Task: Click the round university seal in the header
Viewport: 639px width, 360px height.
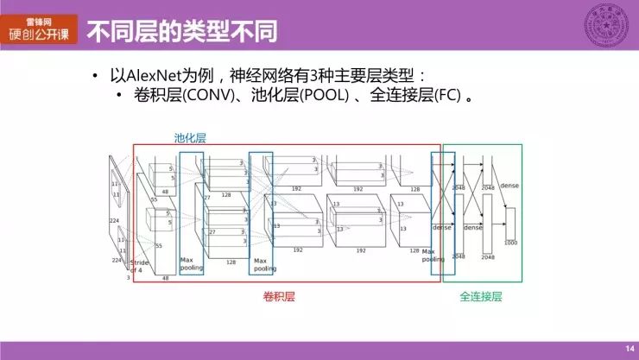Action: [x=606, y=23]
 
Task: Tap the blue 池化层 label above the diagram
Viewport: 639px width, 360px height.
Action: [x=190, y=137]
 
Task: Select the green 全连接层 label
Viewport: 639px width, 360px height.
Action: [x=481, y=296]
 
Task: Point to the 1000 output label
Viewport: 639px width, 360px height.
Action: [x=511, y=243]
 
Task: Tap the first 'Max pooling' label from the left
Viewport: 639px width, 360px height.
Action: [x=191, y=263]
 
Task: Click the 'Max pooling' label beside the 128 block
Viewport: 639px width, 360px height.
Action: [x=265, y=264]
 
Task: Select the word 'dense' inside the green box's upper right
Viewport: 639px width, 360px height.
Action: [x=509, y=186]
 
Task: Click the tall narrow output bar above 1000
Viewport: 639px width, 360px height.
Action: [x=510, y=222]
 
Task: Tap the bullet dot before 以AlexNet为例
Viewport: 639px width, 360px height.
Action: [x=96, y=76]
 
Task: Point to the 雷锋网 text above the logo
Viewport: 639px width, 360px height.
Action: [x=39, y=17]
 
